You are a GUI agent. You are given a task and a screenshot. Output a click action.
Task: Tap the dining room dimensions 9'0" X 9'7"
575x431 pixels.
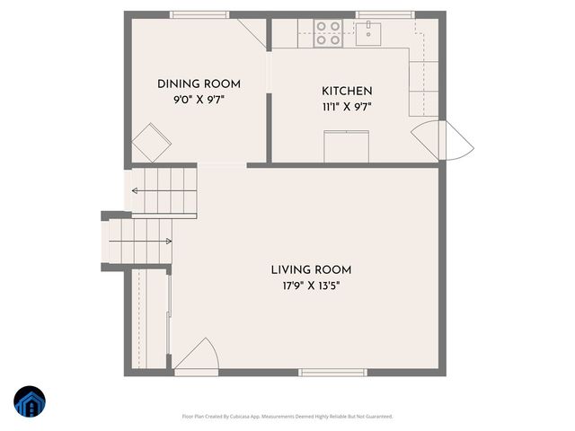click(199, 100)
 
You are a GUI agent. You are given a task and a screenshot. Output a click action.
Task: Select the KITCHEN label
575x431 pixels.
click(347, 92)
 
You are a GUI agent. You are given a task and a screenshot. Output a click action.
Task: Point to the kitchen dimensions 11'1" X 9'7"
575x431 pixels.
click(347, 107)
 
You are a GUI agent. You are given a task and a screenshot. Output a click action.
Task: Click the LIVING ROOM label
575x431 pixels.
click(311, 270)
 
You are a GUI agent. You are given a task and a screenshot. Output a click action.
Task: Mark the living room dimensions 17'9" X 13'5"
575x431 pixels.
click(311, 286)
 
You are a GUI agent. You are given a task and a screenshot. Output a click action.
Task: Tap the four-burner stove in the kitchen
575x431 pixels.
click(329, 33)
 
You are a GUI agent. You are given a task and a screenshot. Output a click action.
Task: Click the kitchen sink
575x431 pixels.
click(368, 34)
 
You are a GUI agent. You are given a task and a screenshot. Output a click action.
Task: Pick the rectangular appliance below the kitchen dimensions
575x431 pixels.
click(346, 145)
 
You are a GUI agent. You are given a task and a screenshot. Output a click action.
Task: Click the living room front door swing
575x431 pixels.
click(197, 357)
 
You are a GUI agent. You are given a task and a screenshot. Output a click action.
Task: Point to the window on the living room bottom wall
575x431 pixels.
click(332, 372)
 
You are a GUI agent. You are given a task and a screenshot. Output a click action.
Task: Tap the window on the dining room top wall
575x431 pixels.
click(198, 14)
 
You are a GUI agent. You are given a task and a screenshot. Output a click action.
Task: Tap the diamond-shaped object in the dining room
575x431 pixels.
click(150, 142)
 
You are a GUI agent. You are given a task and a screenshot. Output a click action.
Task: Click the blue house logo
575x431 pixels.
click(29, 403)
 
